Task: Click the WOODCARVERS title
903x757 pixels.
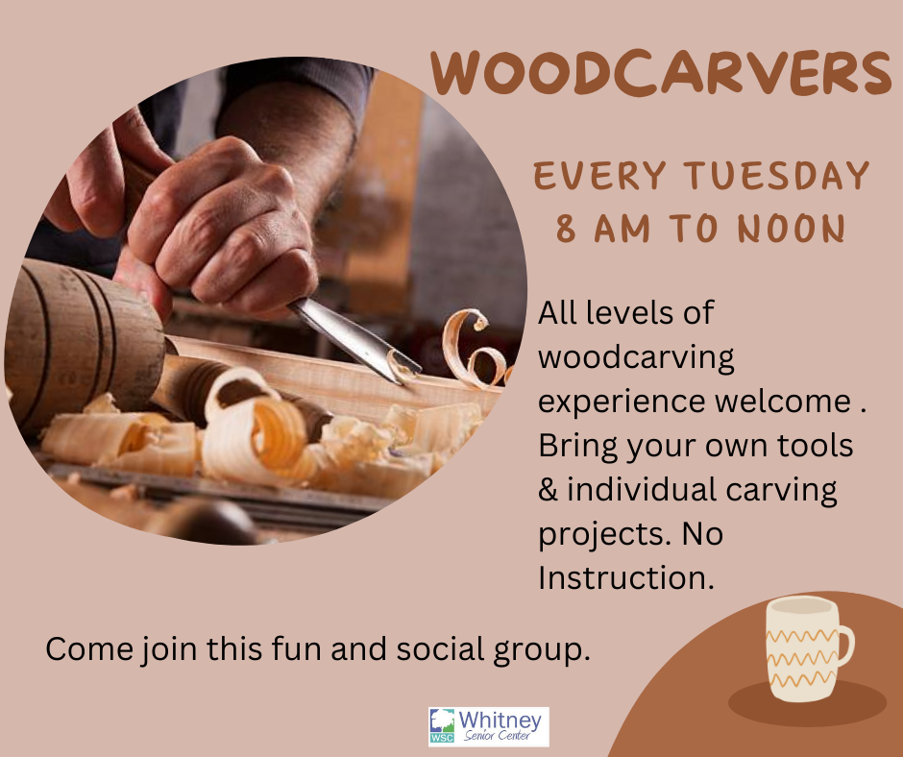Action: click(x=661, y=73)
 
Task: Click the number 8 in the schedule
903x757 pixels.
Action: click(x=566, y=228)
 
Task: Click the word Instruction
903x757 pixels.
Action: click(x=626, y=577)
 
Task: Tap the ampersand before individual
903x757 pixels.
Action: click(x=549, y=490)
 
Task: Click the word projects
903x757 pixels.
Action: click(x=605, y=535)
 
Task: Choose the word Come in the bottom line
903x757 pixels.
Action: click(x=89, y=648)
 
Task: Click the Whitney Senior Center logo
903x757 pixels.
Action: click(x=488, y=726)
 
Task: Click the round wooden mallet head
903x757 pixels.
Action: click(x=81, y=340)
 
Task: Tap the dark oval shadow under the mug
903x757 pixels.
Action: click(x=807, y=704)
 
